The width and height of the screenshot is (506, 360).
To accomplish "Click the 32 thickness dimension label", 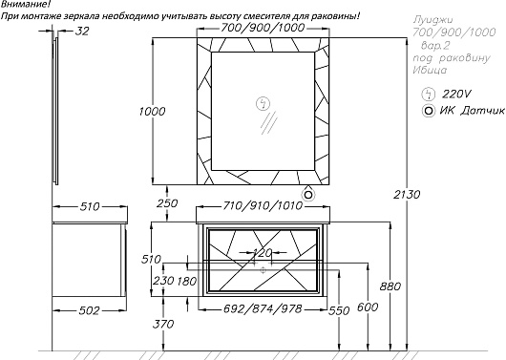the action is [x=82, y=32].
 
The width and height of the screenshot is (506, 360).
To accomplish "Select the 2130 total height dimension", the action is [x=407, y=195].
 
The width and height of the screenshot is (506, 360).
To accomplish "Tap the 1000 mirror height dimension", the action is [x=152, y=112].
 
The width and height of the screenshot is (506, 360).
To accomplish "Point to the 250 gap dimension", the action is [x=167, y=203].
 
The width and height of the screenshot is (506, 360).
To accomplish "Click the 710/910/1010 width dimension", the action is [x=263, y=205].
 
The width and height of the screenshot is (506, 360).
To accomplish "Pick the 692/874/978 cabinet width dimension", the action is [x=263, y=309].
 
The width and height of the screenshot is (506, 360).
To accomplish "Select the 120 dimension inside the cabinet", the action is [x=262, y=252].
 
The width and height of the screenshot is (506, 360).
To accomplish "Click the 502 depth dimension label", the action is [x=90, y=310].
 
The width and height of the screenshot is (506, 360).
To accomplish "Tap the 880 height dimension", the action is [x=390, y=286].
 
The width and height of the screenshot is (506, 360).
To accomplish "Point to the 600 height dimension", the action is [x=368, y=307].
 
